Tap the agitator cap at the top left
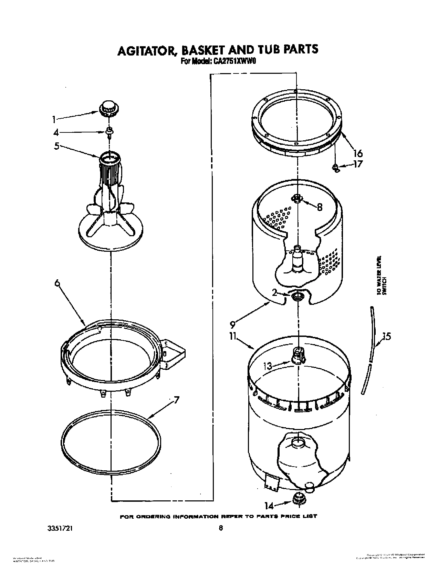[107, 107]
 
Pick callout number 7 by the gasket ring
[176, 401]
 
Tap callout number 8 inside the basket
[319, 207]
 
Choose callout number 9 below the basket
[232, 324]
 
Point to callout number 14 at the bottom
[269, 506]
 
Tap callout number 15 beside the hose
[387, 336]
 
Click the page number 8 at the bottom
[221, 528]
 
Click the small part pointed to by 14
[298, 499]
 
